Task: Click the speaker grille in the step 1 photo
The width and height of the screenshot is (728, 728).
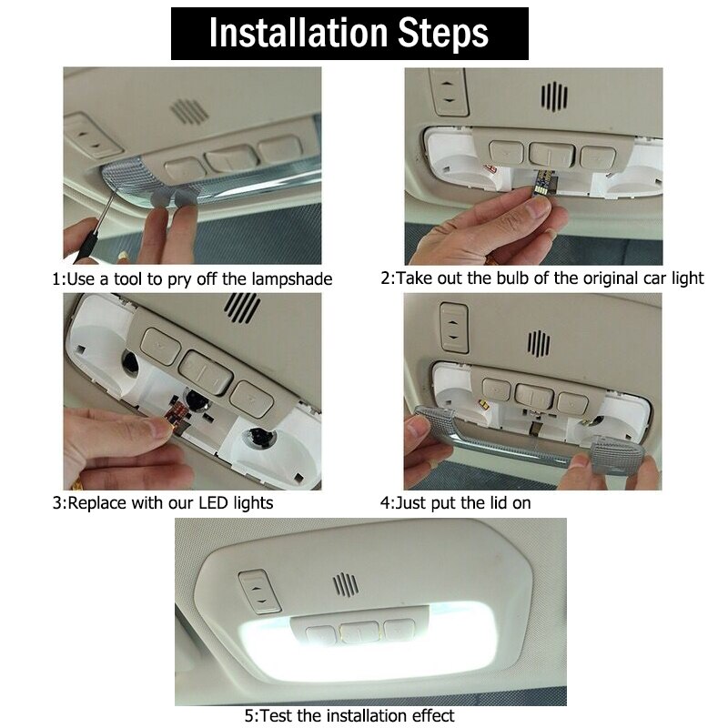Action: tap(189, 111)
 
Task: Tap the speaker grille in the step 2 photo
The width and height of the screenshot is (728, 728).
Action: tap(553, 96)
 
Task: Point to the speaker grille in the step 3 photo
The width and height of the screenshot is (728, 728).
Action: tap(242, 308)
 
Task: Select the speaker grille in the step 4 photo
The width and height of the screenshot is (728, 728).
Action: tap(539, 342)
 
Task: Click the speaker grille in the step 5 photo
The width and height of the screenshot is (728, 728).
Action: tap(345, 583)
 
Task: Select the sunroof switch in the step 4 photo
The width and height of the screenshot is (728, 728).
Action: tap(452, 326)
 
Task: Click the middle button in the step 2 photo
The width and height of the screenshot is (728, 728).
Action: tap(546, 155)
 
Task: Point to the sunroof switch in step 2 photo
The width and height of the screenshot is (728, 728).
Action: tap(450, 91)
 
